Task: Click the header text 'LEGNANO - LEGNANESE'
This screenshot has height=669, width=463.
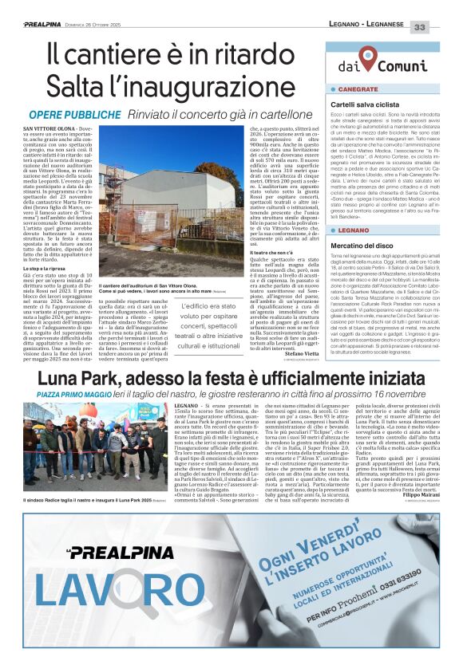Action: (367, 26)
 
